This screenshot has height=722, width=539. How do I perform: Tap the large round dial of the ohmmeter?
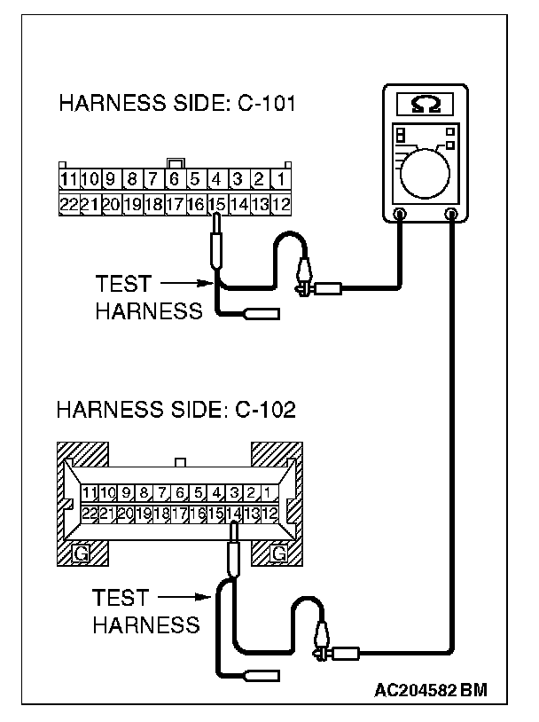[426, 171]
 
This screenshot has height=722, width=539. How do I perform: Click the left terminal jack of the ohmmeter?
[400, 214]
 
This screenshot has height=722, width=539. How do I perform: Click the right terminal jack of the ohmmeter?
[452, 214]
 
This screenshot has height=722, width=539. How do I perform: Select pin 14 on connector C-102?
[234, 514]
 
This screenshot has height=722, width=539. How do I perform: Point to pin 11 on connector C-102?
[88, 492]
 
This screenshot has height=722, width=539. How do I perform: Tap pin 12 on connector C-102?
[271, 514]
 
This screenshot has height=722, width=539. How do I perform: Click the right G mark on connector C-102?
[278, 553]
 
